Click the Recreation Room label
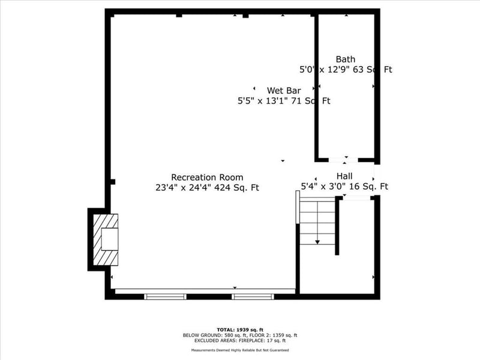207,177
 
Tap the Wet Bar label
284,91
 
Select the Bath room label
346,59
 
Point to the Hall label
344,176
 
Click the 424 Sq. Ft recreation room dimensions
207,187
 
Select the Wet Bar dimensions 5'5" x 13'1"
284,101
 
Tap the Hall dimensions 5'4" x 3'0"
344,187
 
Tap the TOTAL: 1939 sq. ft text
240,330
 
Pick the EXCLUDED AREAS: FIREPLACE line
240,340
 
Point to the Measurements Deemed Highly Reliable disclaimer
240,350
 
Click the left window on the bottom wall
166,296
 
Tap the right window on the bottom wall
253,296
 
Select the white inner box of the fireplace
109,239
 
